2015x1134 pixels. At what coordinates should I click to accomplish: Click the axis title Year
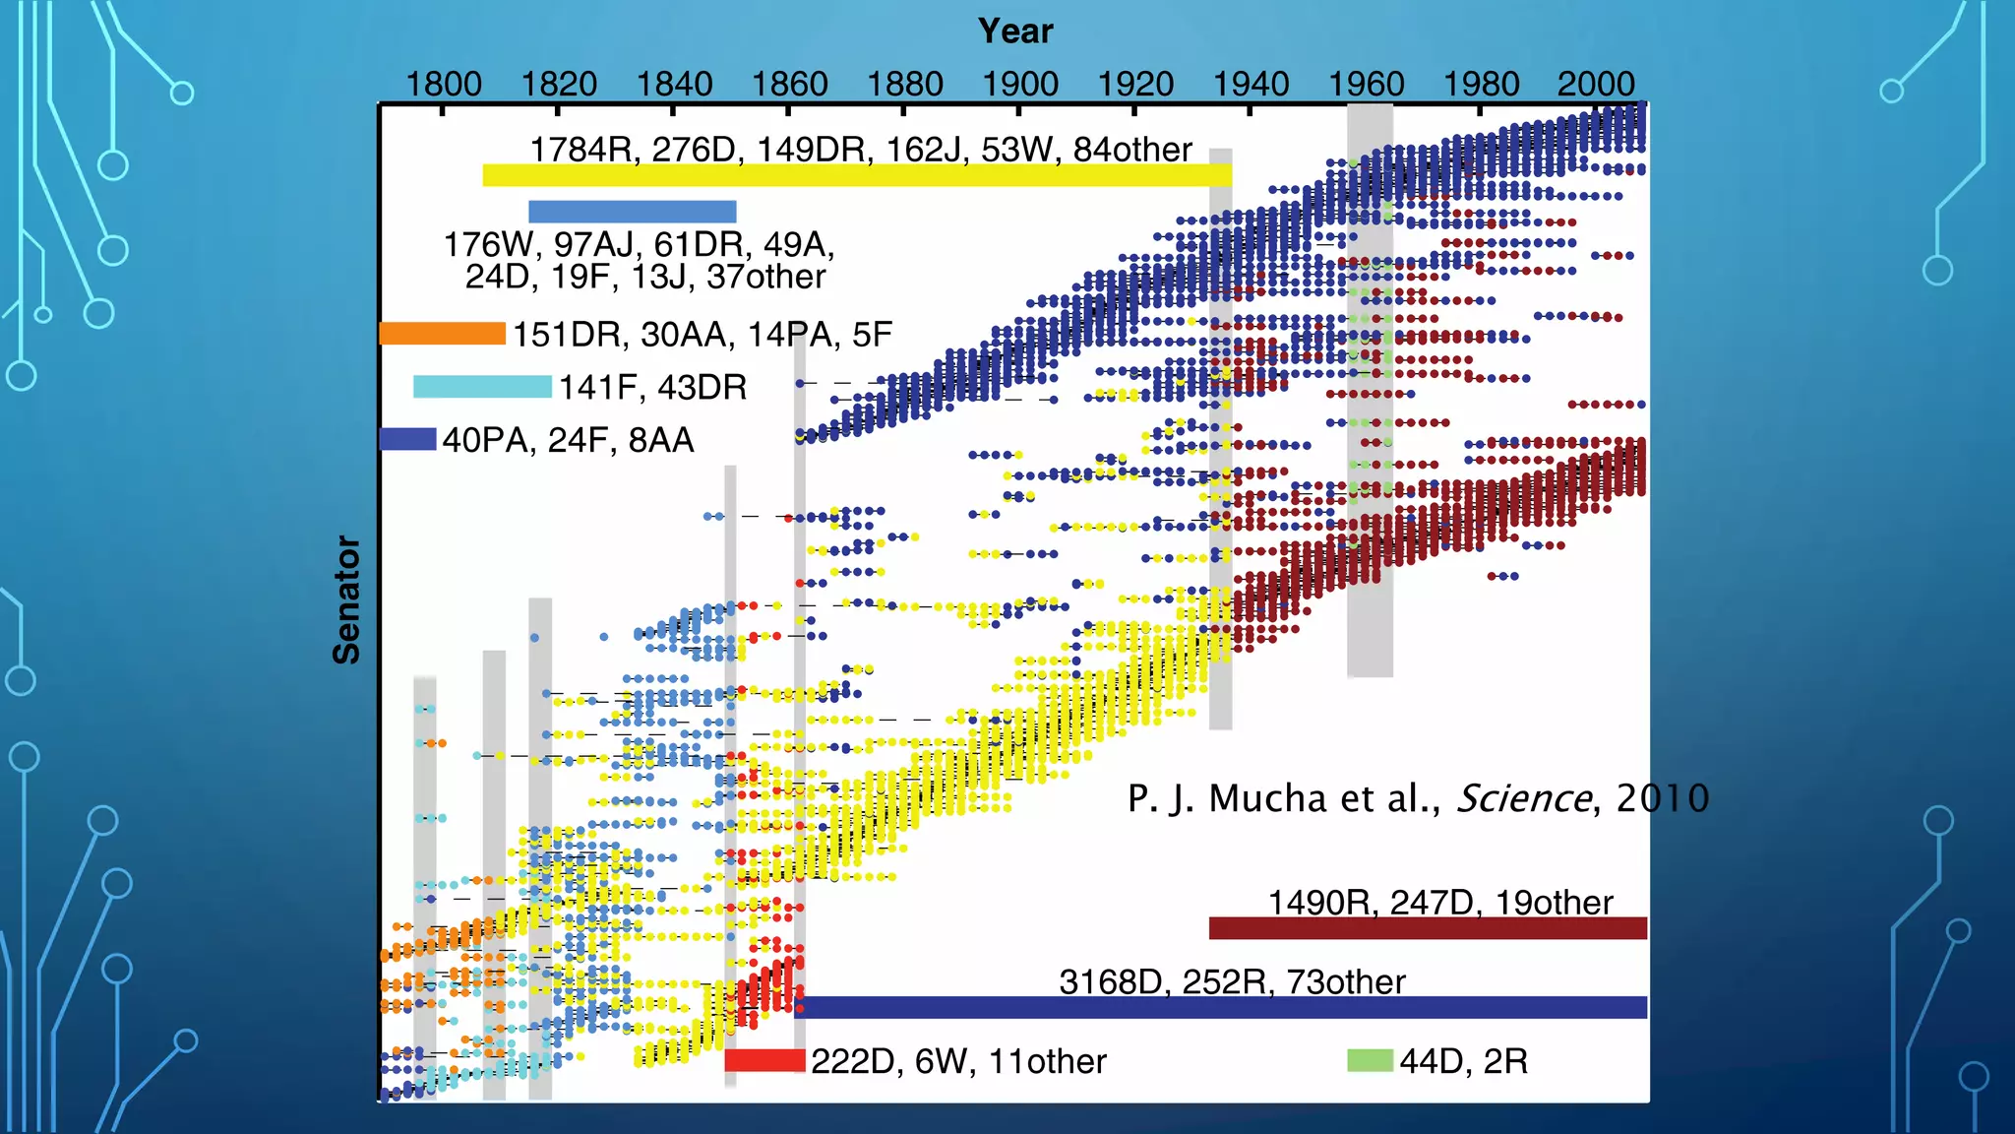(x=1014, y=31)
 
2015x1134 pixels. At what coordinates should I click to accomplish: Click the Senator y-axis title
(x=346, y=599)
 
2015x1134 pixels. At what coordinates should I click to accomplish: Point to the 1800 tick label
(x=444, y=84)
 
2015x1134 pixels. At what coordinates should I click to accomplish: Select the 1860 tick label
(x=789, y=84)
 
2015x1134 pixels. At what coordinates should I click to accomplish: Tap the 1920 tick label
(x=1135, y=84)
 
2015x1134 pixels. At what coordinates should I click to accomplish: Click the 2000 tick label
(x=1596, y=84)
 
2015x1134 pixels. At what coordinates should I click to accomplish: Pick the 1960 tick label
(x=1366, y=84)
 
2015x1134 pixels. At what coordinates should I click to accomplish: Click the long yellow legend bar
(x=856, y=175)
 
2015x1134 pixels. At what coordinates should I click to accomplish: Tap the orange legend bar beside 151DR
(x=443, y=334)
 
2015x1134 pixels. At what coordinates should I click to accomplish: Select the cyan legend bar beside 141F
(x=482, y=387)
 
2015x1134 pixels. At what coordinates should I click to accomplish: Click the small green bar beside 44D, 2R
(x=1370, y=1060)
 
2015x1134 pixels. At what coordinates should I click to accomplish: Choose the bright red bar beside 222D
(x=764, y=1060)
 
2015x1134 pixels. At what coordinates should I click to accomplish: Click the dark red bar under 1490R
(x=1427, y=927)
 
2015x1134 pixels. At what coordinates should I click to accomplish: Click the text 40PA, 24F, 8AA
(x=568, y=440)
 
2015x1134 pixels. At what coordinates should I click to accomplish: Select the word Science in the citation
(x=1523, y=798)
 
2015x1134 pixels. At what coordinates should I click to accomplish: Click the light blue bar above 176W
(x=632, y=212)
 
